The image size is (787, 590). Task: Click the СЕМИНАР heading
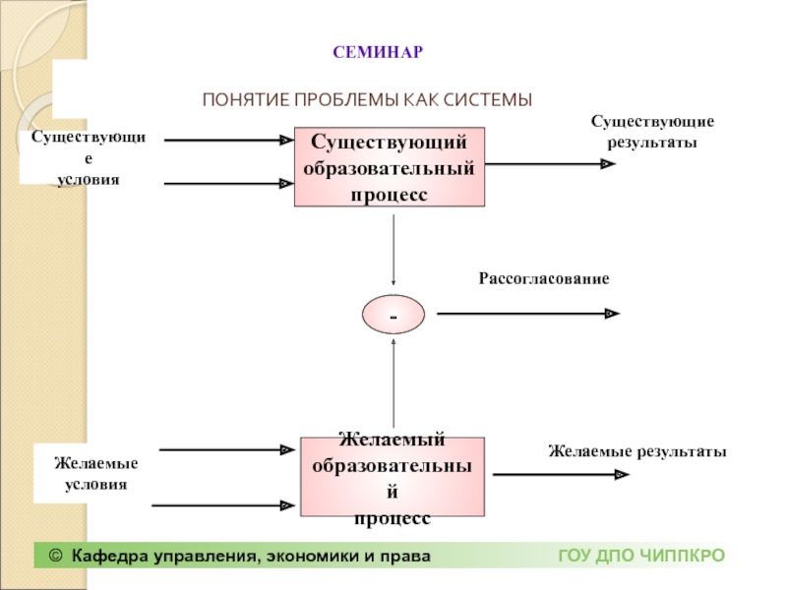378,52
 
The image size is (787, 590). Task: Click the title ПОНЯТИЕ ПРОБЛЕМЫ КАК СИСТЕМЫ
367,100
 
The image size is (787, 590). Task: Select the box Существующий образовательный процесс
390,167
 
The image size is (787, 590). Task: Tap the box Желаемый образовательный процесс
393,477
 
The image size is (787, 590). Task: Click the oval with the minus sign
393,315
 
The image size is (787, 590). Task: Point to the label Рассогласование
544,278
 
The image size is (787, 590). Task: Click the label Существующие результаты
652,132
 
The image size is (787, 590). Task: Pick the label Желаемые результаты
637,451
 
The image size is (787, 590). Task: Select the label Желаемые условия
95,474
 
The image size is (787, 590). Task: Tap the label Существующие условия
89,158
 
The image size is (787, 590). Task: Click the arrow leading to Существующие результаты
550,163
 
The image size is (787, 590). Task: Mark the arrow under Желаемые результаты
561,474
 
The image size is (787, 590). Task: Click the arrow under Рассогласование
528,314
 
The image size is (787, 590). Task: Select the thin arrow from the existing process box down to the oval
393,251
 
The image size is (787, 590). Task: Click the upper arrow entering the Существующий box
229,140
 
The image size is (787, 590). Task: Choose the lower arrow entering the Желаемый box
223,505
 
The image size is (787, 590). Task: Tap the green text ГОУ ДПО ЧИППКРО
642,556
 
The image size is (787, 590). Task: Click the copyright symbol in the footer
56,556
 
